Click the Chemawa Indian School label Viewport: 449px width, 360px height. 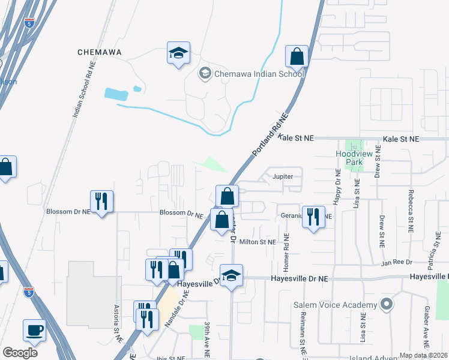(x=259, y=74)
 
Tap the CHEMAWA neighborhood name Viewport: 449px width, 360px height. (x=100, y=52)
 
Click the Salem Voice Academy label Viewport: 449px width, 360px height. (x=335, y=304)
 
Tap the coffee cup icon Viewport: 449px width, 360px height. (x=34, y=330)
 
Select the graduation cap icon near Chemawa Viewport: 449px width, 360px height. (x=178, y=53)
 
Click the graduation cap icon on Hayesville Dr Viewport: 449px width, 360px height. (x=232, y=276)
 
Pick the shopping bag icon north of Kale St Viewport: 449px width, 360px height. (x=297, y=57)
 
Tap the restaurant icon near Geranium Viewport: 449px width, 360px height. (x=313, y=217)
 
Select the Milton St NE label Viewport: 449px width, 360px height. (x=258, y=242)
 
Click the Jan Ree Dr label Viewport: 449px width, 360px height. (x=397, y=262)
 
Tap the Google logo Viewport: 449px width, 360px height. (x=20, y=353)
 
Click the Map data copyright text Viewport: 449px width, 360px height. (x=423, y=355)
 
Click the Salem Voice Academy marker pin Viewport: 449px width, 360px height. (x=386, y=304)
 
